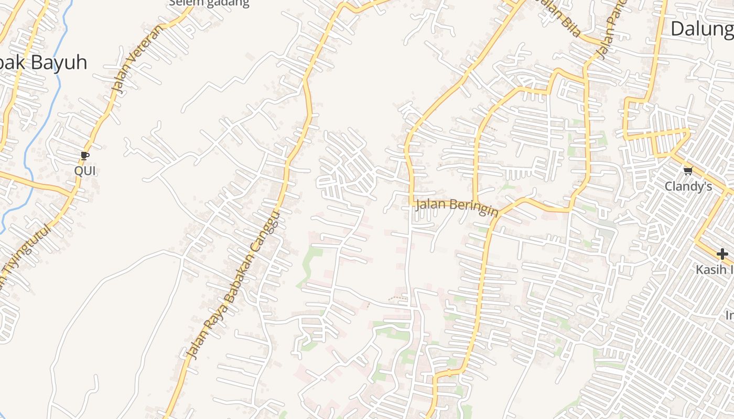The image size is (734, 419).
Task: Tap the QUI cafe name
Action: tap(85, 171)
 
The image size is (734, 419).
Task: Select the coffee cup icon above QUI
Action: tap(85, 156)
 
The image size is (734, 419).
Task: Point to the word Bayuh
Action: tap(59, 63)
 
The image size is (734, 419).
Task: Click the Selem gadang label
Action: tap(209, 3)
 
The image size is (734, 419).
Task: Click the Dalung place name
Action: tap(701, 29)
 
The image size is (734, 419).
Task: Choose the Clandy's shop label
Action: tap(688, 186)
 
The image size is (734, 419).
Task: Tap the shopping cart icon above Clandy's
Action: tap(688, 170)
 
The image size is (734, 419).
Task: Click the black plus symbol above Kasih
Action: tap(722, 255)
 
